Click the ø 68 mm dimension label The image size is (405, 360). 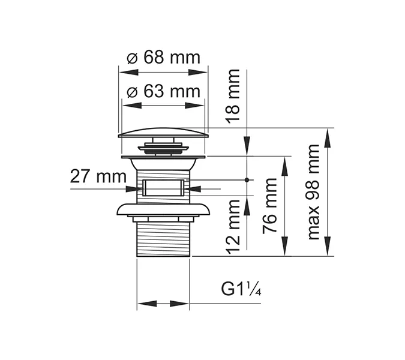(x=164, y=58)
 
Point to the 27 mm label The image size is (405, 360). (x=98, y=176)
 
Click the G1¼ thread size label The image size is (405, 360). (x=242, y=289)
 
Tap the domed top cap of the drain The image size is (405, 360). (x=163, y=133)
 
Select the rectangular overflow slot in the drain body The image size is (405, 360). (x=163, y=188)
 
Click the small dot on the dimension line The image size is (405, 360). (x=247, y=179)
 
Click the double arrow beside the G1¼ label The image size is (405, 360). (x=163, y=304)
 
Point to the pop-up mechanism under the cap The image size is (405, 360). (x=163, y=146)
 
